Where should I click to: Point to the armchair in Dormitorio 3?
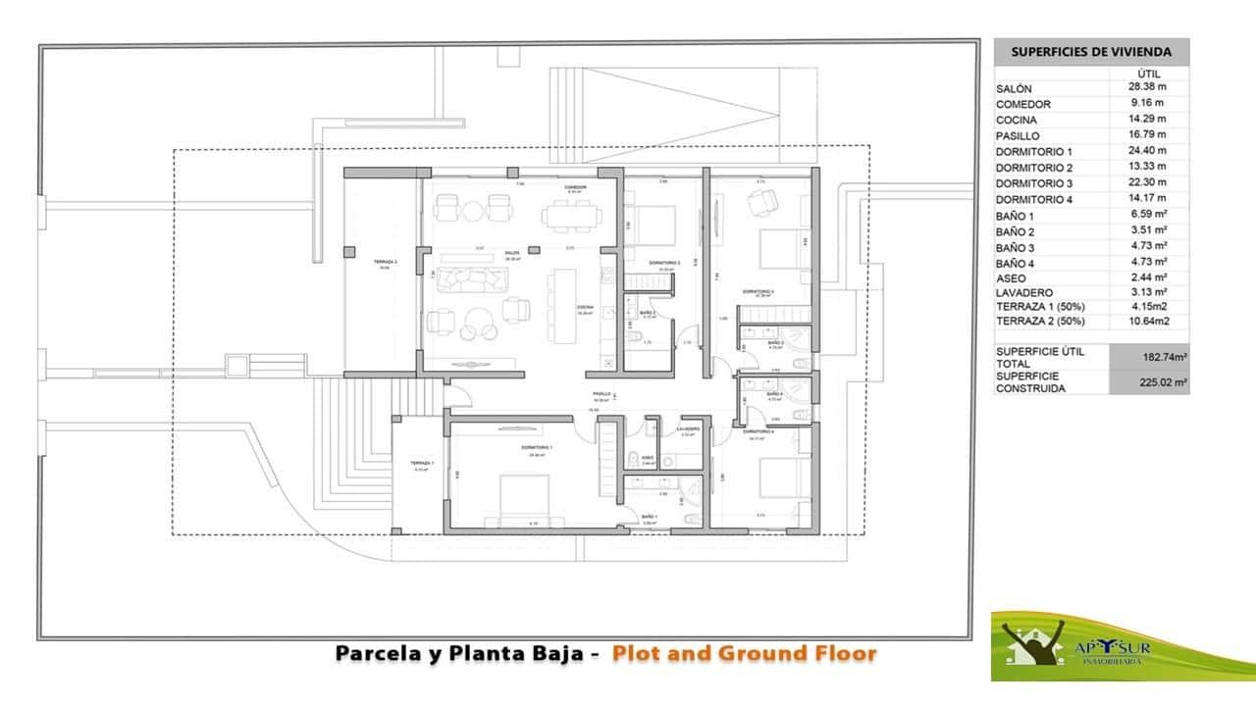(x=760, y=202)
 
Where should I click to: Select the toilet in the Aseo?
(x=631, y=460)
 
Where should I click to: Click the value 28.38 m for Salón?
(x=1147, y=86)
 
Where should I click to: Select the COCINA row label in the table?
(x=1017, y=121)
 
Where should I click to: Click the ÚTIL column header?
(x=1149, y=73)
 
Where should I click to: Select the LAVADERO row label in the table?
(x=1024, y=292)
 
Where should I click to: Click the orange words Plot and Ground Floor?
(x=744, y=653)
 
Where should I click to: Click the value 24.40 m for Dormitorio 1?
(x=1147, y=151)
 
